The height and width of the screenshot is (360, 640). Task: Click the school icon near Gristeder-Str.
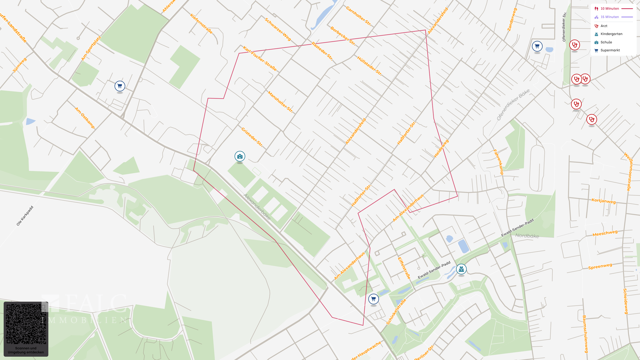[240, 156]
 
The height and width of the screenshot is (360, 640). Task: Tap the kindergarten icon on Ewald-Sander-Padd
[461, 269]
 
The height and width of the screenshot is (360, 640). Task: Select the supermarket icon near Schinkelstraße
[373, 299]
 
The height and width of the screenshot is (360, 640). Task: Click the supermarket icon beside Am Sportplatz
[120, 86]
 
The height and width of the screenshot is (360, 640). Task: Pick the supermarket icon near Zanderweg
[537, 46]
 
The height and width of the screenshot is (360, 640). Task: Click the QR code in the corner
[26, 324]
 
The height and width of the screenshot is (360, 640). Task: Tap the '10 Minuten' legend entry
[610, 9]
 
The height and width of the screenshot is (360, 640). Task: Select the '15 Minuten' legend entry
[610, 17]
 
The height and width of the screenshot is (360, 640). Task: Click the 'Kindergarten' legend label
[611, 34]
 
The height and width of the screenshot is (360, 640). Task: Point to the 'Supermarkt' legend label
[610, 50]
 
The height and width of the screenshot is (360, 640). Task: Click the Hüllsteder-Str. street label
[369, 66]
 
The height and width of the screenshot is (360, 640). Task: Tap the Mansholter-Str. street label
[280, 102]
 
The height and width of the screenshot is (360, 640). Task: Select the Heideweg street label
[441, 148]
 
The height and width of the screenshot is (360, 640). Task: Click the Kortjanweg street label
[604, 201]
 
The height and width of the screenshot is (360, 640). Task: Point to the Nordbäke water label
[527, 236]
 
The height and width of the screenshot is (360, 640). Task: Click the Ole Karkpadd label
[25, 216]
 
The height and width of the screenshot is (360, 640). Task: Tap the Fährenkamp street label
[498, 162]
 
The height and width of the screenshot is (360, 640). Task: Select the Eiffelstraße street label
[404, 268]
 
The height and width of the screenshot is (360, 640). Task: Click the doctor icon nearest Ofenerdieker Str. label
[574, 45]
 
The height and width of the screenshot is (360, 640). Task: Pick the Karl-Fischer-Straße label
[260, 59]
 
